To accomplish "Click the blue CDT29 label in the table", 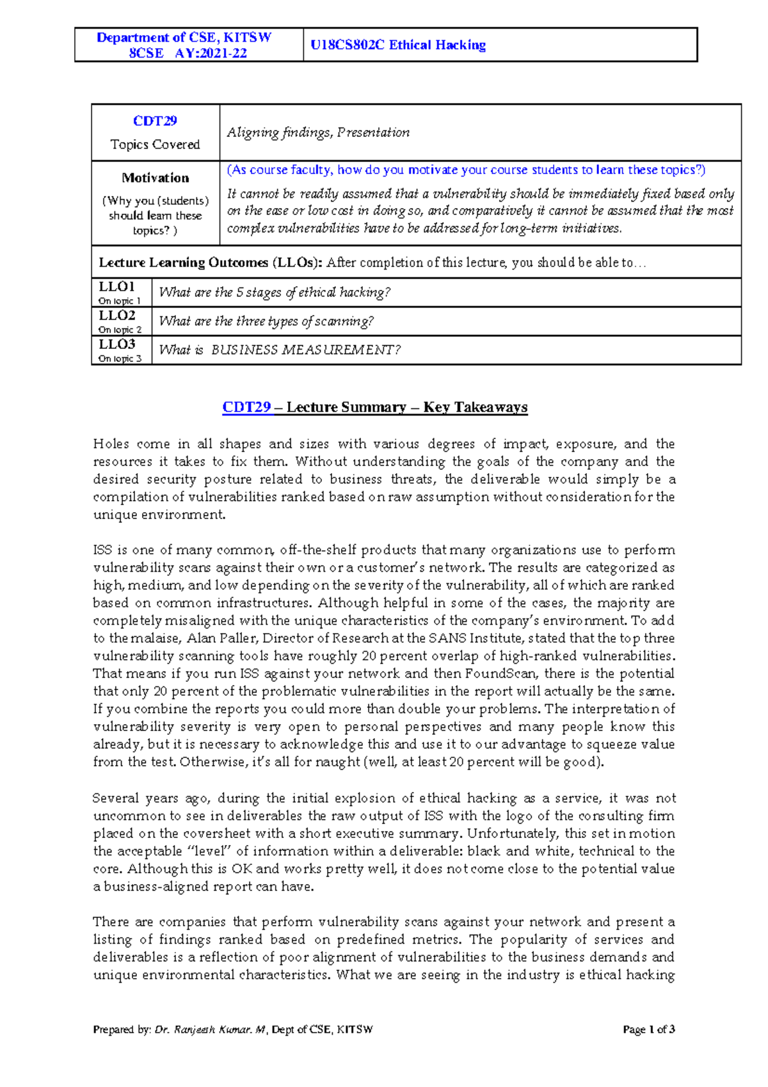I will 155,121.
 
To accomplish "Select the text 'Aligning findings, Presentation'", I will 318,133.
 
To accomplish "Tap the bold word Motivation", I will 156,178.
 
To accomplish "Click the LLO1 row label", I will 116,287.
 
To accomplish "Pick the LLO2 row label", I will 116,316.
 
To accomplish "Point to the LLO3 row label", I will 116,344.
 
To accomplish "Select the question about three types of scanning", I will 266,321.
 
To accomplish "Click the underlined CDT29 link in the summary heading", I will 246,408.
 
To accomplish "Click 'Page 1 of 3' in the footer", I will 649,1029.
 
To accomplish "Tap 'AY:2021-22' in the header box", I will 211,53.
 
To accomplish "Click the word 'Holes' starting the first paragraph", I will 110,444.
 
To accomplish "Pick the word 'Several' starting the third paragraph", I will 115,798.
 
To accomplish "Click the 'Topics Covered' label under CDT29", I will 155,145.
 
